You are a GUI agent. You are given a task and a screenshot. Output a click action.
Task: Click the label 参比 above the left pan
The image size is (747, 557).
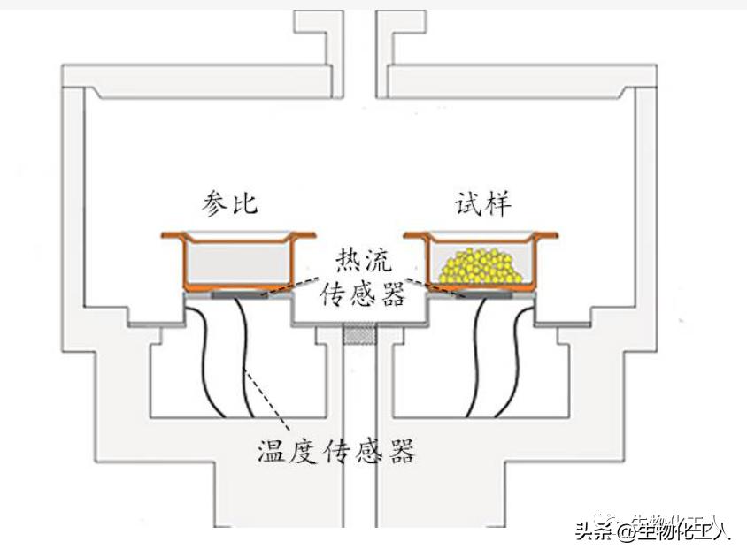click(x=228, y=204)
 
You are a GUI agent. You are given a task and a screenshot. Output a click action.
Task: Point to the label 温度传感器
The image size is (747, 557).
click(x=335, y=452)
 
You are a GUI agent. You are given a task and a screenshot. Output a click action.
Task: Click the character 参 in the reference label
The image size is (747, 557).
click(x=213, y=204)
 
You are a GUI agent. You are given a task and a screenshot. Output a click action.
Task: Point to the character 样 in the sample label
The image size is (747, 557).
click(x=497, y=204)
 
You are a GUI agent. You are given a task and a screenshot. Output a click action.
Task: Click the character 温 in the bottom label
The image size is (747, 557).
click(x=270, y=452)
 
